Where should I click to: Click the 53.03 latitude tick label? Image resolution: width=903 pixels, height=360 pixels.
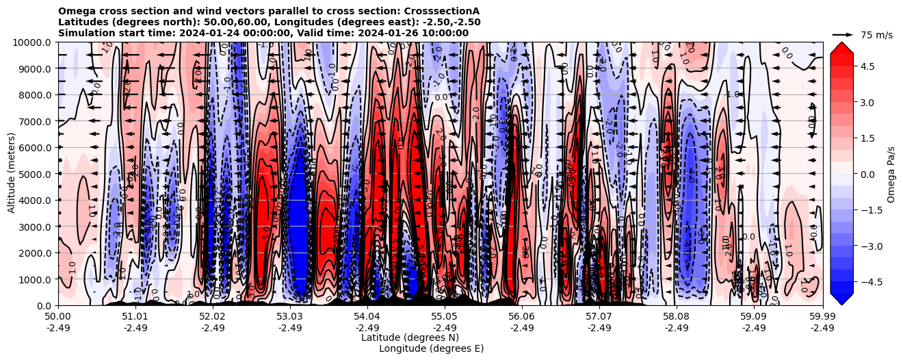point(290,317)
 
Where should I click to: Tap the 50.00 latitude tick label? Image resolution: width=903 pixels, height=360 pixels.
point(58,317)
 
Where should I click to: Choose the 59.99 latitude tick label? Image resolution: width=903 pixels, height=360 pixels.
point(822,317)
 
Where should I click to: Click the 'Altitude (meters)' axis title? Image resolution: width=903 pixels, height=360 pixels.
point(12,174)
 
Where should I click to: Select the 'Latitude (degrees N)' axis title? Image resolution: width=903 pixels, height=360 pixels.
point(410,337)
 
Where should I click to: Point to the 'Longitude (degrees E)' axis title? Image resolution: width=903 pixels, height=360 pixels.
point(431,348)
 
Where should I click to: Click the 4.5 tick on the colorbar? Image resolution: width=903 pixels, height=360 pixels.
point(869,66)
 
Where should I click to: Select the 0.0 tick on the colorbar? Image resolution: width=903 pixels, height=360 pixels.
point(869,174)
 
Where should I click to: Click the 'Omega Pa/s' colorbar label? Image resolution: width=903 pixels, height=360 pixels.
point(891,174)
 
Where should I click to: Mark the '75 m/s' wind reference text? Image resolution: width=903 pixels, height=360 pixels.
point(876,35)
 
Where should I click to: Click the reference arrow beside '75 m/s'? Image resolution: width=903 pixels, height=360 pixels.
point(843,34)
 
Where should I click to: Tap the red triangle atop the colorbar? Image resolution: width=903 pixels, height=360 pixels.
point(841,47)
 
